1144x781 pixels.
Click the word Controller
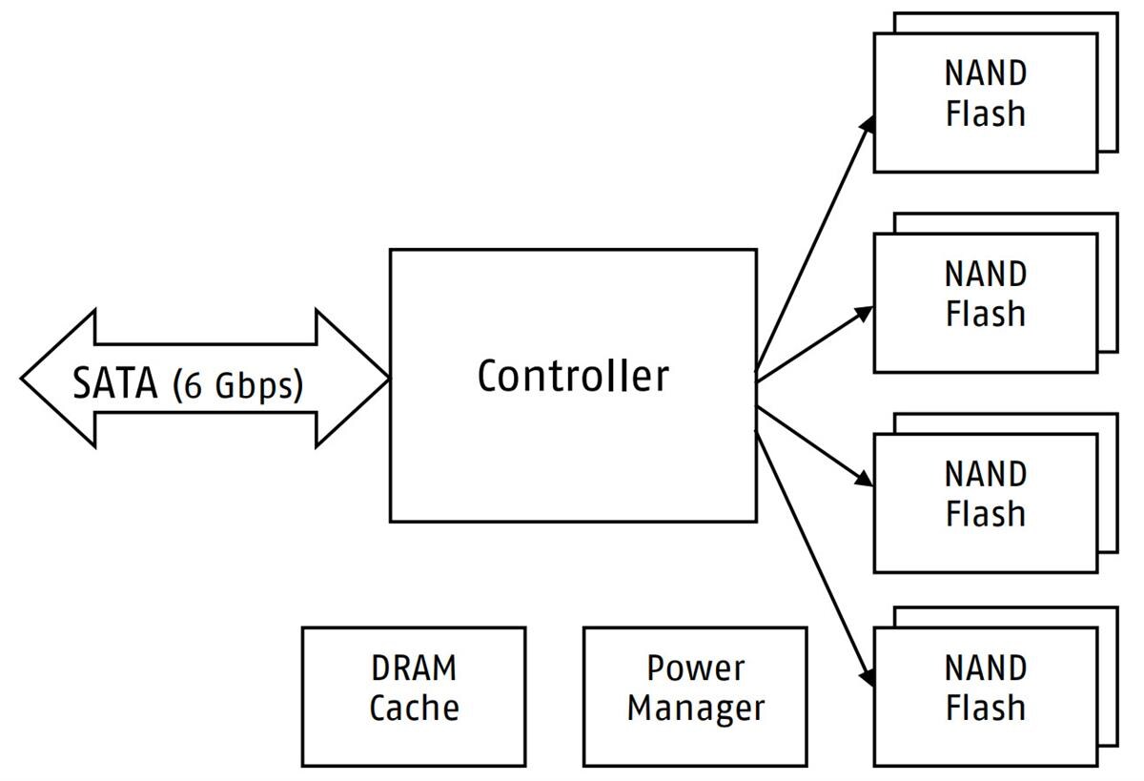coord(573,376)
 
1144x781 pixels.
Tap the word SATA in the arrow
coord(114,383)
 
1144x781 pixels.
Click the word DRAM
coord(414,668)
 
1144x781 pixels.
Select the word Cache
coord(414,708)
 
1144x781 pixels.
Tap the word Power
coord(695,668)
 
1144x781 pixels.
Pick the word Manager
coord(695,709)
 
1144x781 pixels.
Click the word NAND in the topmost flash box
coord(986,73)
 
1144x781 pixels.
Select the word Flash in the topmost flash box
coord(986,113)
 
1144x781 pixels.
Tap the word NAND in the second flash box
coord(986,274)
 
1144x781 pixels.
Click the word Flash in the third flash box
coord(986,514)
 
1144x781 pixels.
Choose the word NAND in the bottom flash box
coord(986,668)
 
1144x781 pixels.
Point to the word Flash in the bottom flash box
coord(986,708)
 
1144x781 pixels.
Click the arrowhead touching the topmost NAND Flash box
coord(867,126)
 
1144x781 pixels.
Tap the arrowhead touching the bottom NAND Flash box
coord(867,676)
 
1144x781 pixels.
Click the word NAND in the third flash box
coord(986,474)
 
